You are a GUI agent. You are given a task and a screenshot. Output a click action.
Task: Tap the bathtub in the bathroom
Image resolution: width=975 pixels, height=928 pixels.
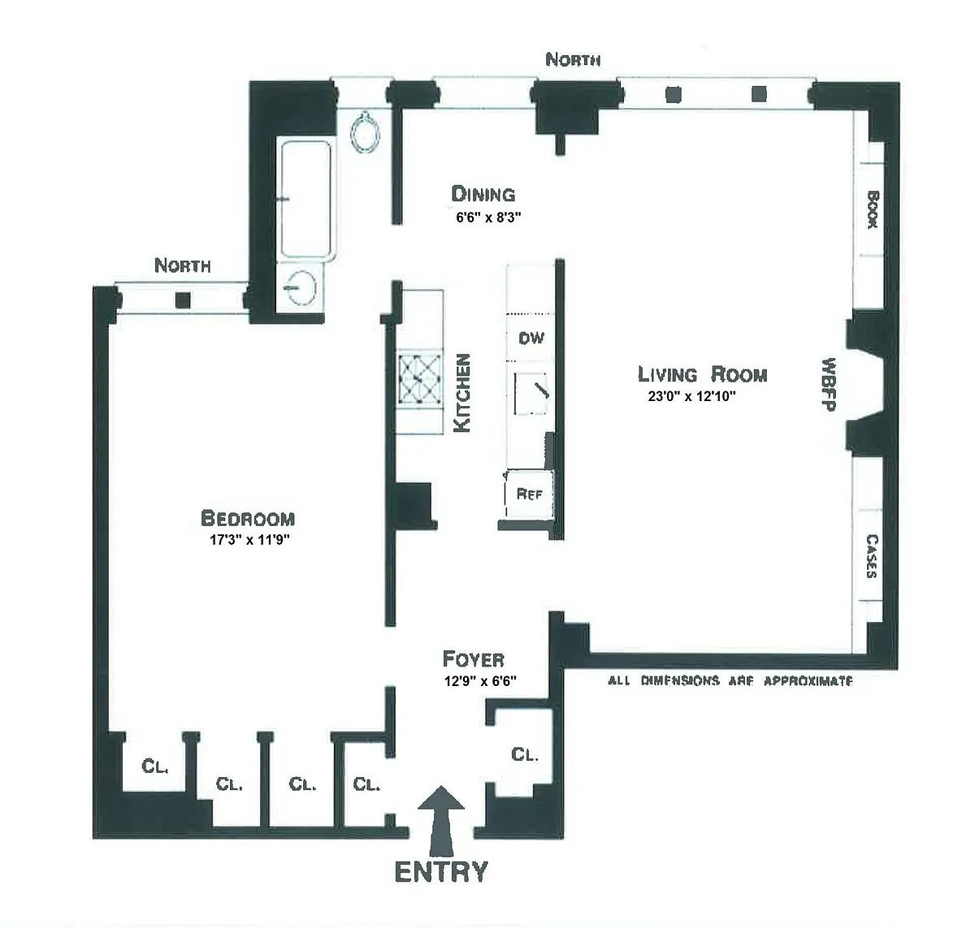point(306,199)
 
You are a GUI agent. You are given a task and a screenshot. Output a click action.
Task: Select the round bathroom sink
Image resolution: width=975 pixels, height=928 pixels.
point(301,288)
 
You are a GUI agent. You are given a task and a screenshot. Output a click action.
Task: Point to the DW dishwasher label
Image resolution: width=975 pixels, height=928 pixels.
point(531,338)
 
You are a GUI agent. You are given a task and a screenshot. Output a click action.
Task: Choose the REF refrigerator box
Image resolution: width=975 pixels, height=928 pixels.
point(529,494)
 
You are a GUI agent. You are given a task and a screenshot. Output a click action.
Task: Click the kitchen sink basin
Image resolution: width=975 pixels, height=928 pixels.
point(531,394)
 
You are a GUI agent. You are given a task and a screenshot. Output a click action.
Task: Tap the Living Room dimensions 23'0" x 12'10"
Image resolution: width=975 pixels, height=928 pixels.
point(691,396)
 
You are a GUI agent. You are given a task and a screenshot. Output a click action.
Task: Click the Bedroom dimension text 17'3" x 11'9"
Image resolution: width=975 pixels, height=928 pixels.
point(249,539)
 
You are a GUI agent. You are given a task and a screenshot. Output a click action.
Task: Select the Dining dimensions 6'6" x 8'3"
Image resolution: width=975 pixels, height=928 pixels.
point(488,217)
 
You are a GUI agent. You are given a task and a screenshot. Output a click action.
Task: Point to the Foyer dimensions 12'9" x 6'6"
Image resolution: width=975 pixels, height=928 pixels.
point(480,681)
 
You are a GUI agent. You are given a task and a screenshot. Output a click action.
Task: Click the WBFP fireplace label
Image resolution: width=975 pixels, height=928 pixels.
point(829,384)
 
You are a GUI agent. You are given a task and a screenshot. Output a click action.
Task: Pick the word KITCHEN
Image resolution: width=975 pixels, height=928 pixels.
point(462,393)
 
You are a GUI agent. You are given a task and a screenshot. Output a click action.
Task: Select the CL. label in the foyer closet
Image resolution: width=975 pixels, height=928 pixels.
point(525,755)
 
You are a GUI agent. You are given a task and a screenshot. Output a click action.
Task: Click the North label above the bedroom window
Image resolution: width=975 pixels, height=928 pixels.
point(183,265)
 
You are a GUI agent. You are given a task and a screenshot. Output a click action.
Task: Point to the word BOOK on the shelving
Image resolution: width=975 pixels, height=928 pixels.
point(873,209)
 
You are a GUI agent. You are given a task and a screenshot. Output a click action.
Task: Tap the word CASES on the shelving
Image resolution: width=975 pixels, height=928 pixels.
point(872,555)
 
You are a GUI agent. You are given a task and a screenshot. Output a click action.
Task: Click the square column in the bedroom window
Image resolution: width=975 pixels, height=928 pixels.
point(183,300)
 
